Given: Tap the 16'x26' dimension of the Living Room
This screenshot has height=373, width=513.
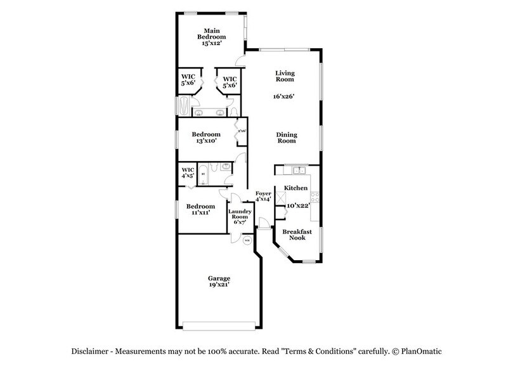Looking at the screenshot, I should pyautogui.click(x=285, y=96).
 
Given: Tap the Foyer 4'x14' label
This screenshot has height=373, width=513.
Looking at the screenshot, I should pyautogui.click(x=263, y=196).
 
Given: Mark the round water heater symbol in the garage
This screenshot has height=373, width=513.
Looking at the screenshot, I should pyautogui.click(x=247, y=241).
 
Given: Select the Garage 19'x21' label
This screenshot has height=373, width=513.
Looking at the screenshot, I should pyautogui.click(x=219, y=282).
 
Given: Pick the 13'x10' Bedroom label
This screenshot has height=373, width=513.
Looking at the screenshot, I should pyautogui.click(x=206, y=138).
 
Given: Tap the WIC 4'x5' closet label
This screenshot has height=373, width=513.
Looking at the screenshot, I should pyautogui.click(x=188, y=173).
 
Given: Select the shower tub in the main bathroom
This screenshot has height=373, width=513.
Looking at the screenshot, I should pyautogui.click(x=182, y=105).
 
